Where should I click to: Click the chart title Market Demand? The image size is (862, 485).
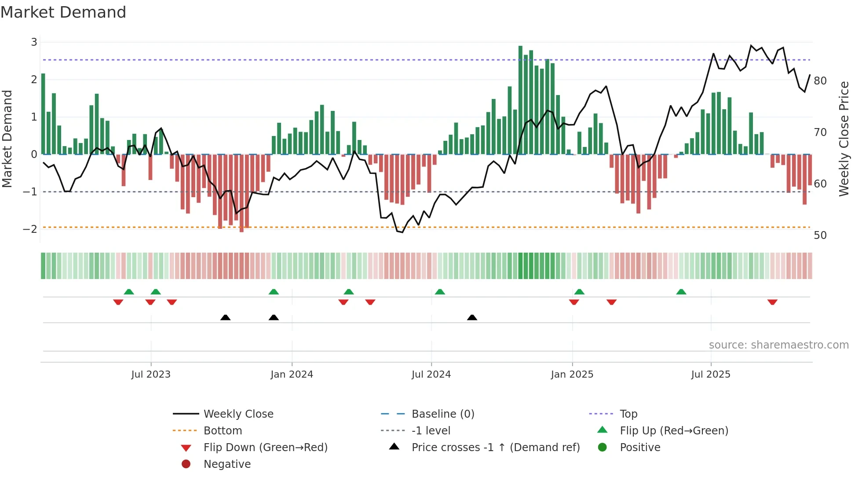tap(63, 12)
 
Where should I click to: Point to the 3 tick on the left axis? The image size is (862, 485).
tap(34, 42)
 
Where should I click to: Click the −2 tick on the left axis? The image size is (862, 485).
tap(30, 229)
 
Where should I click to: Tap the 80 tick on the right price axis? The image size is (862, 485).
tap(820, 81)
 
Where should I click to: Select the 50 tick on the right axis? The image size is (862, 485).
tap(820, 235)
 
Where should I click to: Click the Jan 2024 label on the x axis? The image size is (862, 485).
tap(292, 375)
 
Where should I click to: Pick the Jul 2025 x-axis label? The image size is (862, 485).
tap(710, 375)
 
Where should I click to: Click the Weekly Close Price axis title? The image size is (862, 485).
tap(844, 139)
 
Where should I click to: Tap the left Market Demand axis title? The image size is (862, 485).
tap(7, 139)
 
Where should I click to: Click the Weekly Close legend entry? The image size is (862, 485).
tap(238, 414)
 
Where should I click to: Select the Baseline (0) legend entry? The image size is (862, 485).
tap(442, 414)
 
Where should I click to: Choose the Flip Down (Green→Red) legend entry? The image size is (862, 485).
tap(265, 448)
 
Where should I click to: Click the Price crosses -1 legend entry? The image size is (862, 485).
tap(495, 448)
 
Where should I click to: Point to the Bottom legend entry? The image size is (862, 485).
tap(223, 431)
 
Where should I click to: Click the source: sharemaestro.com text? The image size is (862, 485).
tap(778, 345)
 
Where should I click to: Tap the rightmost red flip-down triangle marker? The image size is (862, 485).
tap(772, 302)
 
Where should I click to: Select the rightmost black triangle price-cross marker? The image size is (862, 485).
tap(472, 317)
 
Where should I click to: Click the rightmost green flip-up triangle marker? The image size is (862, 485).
tap(681, 292)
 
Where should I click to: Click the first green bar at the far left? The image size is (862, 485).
tap(43, 114)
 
